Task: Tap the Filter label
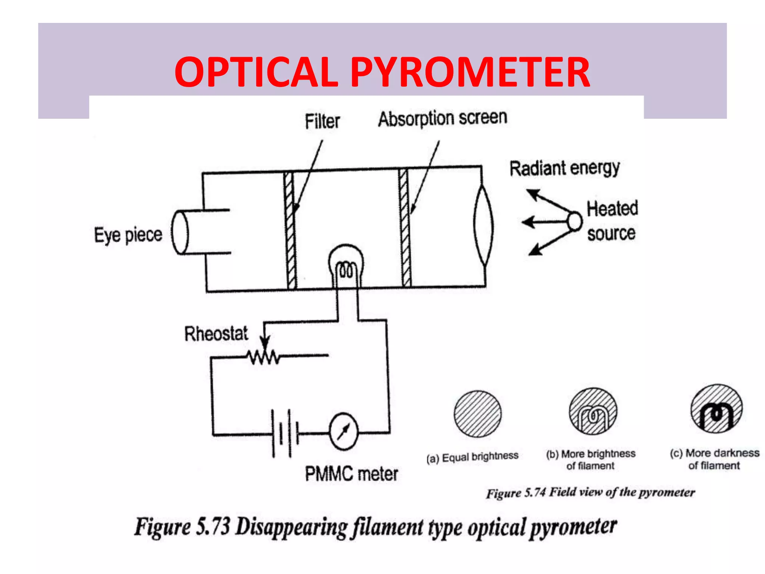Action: [322, 121]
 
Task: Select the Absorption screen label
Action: [443, 118]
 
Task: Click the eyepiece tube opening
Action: [180, 232]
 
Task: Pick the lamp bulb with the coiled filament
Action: [346, 263]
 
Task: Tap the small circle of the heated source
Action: [574, 221]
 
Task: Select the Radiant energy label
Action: [564, 168]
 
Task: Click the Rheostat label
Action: [216, 334]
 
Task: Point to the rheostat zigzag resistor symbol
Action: [264, 357]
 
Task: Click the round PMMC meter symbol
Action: [343, 432]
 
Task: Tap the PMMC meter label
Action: [351, 474]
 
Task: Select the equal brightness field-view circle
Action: [478, 414]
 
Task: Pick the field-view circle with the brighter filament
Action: [593, 411]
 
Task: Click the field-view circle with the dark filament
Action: [716, 409]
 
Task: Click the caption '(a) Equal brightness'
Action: [472, 457]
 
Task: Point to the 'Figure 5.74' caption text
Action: [515, 493]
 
